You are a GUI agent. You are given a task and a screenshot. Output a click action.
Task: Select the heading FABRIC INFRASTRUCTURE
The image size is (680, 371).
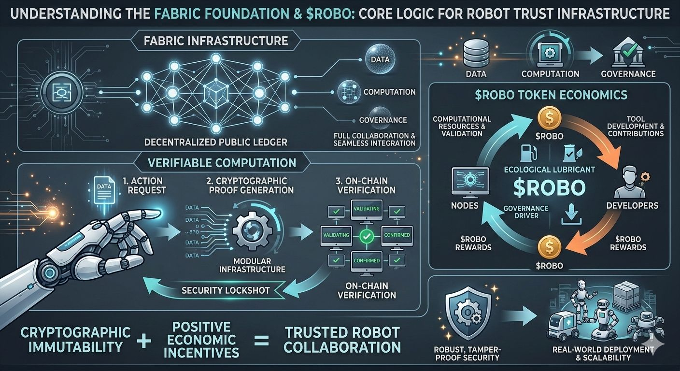(x=216, y=41)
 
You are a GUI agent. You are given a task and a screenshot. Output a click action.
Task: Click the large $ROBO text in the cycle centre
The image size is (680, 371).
(x=549, y=188)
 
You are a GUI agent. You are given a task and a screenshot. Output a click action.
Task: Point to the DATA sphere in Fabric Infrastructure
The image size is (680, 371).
(x=380, y=59)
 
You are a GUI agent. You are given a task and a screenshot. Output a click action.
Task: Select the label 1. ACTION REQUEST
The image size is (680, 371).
(x=143, y=185)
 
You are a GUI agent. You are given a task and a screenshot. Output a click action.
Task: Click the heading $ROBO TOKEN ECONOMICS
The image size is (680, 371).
(x=550, y=94)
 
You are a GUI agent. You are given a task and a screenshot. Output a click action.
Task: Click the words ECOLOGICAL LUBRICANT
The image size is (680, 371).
(x=549, y=170)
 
